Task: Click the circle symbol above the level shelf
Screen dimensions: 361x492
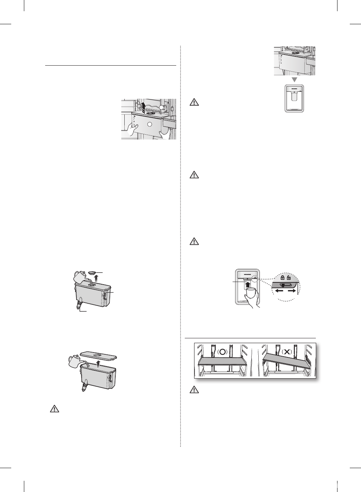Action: click(222, 352)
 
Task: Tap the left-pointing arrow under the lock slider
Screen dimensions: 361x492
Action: click(279, 290)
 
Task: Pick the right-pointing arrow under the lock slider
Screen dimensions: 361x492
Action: click(292, 290)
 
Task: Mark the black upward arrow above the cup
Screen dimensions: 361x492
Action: click(247, 285)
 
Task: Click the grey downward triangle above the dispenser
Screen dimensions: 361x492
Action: click(295, 80)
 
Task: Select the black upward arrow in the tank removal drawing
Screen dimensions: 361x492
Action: click(143, 107)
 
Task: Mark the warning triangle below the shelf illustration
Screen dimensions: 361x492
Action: click(194, 390)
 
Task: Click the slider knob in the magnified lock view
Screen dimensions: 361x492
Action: click(286, 285)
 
